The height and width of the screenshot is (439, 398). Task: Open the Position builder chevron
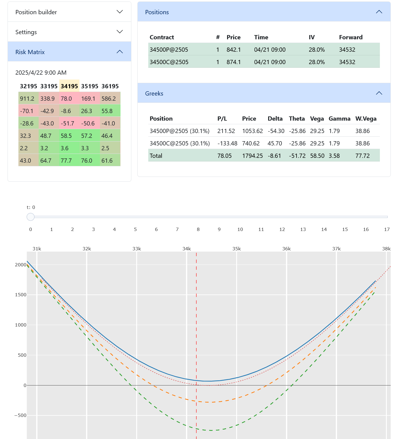pyautogui.click(x=120, y=12)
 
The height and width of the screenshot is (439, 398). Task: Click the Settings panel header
pyautogui.click(x=69, y=32)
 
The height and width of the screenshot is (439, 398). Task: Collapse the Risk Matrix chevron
pyautogui.click(x=120, y=52)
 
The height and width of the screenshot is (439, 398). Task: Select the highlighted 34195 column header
pyautogui.click(x=69, y=86)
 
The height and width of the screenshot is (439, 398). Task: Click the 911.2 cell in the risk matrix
pyautogui.click(x=27, y=99)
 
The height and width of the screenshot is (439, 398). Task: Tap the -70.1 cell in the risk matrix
pyautogui.click(x=27, y=111)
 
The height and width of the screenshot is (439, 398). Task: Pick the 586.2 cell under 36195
pyautogui.click(x=109, y=99)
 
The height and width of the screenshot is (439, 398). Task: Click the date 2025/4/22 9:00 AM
pyautogui.click(x=41, y=73)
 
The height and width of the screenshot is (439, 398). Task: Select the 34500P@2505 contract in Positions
pyautogui.click(x=169, y=50)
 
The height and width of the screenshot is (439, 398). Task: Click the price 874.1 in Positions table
pyautogui.click(x=233, y=62)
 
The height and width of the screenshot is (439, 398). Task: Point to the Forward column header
pyautogui.click(x=351, y=37)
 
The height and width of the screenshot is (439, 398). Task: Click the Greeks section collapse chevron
pyautogui.click(x=379, y=93)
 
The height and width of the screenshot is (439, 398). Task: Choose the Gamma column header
pyautogui.click(x=339, y=119)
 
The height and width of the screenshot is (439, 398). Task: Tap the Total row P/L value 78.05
pyautogui.click(x=224, y=156)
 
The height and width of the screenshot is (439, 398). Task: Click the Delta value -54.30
pyautogui.click(x=276, y=131)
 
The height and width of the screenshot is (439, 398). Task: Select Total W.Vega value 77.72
pyautogui.click(x=362, y=156)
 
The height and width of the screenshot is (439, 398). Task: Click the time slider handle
pyautogui.click(x=30, y=217)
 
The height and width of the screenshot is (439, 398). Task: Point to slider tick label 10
pyautogui.click(x=240, y=229)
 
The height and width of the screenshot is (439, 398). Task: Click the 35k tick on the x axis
pyautogui.click(x=236, y=249)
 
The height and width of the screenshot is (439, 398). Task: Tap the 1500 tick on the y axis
pyautogui.click(x=21, y=295)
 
